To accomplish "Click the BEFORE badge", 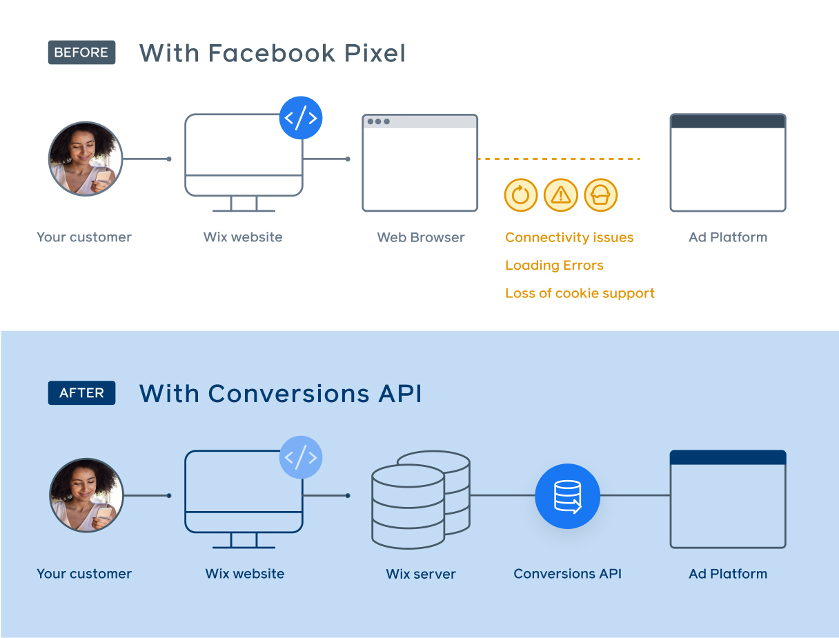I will [x=81, y=52].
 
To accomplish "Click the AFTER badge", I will [x=81, y=393].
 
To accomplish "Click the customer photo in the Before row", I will [x=86, y=159].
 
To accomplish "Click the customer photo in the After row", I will [x=86, y=495].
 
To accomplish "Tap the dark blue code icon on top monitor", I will [x=301, y=118].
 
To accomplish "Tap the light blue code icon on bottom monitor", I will [x=301, y=457].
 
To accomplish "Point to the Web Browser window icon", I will [x=419, y=163].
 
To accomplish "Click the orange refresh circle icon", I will [x=521, y=195].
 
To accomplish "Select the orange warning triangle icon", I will [x=561, y=195].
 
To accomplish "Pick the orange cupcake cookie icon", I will [x=600, y=195].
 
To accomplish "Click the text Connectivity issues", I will [x=569, y=237].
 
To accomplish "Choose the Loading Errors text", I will [x=554, y=266].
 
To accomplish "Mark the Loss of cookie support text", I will [x=580, y=293].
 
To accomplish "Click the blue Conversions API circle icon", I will [x=567, y=496].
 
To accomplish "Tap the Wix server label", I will [x=421, y=574].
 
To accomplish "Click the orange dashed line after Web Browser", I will [x=559, y=159].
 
